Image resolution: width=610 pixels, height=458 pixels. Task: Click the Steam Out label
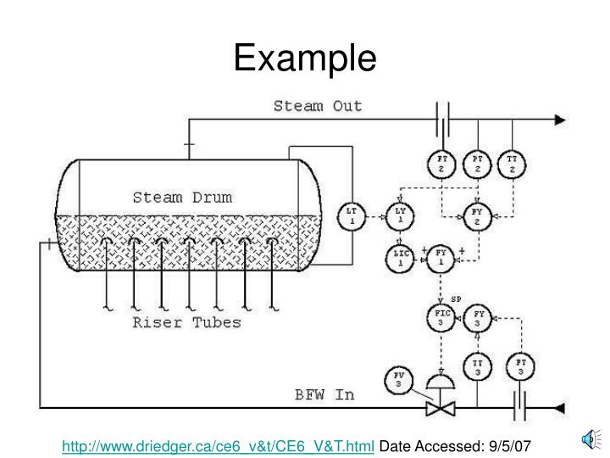coord(318,106)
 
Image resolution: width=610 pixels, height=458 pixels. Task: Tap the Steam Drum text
coord(182,198)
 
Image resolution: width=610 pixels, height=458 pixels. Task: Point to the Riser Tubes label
coord(186,322)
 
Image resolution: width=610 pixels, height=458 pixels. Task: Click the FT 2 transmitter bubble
coord(442,164)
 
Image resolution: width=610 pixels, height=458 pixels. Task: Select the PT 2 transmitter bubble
coord(478,164)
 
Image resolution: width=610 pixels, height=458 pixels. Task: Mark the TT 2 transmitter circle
coord(513,164)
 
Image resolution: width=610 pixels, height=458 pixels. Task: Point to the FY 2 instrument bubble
coord(477,214)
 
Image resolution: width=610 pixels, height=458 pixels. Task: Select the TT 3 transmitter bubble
coord(477,367)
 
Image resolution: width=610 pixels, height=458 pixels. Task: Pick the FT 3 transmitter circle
coord(521,367)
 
